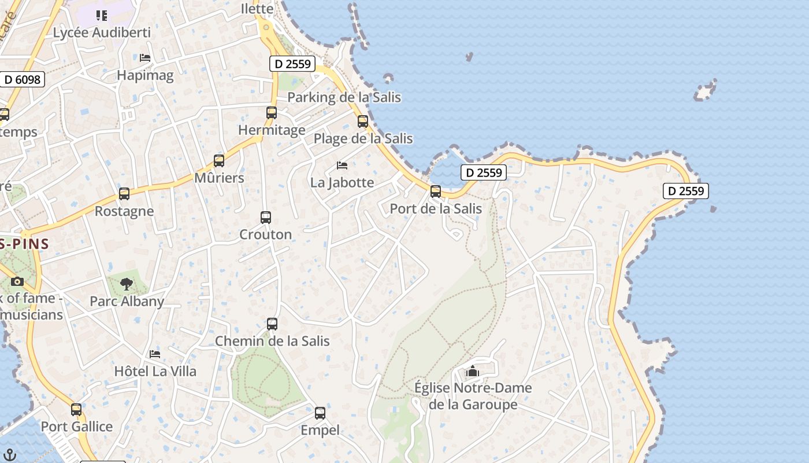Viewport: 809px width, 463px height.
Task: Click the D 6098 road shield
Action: click(22, 79)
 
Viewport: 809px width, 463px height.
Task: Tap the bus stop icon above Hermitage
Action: click(272, 113)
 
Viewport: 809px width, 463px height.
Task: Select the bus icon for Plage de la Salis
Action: click(363, 122)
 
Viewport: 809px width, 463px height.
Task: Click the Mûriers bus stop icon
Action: click(219, 161)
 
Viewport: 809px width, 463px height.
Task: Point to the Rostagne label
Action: click(124, 211)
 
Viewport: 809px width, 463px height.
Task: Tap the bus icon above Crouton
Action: click(266, 218)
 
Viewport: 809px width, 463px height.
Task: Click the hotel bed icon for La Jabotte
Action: click(342, 166)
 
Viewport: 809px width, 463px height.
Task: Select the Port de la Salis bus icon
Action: click(436, 192)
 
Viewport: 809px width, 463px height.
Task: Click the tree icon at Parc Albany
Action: click(127, 284)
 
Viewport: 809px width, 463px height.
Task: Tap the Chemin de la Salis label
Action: click(272, 341)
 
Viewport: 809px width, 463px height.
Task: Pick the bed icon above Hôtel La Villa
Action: click(155, 354)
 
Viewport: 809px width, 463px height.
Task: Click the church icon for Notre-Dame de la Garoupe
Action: click(473, 371)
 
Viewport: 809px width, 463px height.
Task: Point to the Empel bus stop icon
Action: click(320, 413)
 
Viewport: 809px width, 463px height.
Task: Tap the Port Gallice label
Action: click(77, 427)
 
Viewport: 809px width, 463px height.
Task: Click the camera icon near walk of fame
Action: click(17, 282)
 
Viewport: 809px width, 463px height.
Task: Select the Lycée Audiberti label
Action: click(102, 32)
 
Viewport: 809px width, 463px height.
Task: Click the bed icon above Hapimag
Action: click(145, 58)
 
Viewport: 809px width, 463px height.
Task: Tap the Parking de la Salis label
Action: click(344, 97)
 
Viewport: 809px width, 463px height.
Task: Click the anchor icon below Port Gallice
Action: click(10, 455)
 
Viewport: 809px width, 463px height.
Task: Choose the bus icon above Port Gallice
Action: click(76, 410)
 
